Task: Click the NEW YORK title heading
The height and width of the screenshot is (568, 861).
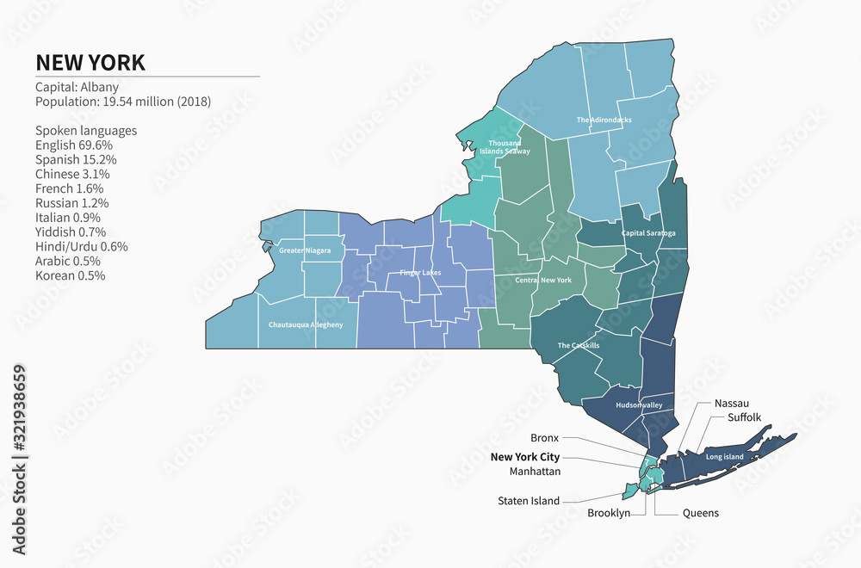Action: tap(90, 63)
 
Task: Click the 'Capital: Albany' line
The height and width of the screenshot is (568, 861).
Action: tap(77, 87)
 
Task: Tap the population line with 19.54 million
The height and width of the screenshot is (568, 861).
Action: tap(122, 102)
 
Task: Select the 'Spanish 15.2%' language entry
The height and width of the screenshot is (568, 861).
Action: tap(76, 159)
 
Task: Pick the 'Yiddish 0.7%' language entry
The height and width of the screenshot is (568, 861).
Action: tap(71, 232)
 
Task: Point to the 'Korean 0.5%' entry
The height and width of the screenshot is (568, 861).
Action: tap(70, 275)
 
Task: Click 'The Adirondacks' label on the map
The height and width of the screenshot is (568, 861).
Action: tap(604, 120)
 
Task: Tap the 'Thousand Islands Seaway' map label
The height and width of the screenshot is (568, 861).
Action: tap(504, 146)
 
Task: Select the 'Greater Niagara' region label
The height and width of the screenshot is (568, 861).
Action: tap(305, 250)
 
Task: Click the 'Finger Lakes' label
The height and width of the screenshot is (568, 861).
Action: tap(420, 273)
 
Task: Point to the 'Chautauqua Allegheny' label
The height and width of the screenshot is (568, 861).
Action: tap(306, 324)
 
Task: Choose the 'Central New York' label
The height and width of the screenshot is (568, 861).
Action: tap(543, 281)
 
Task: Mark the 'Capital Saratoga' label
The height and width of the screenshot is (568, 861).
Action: tap(648, 233)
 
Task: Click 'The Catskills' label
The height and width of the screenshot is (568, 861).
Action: tap(579, 345)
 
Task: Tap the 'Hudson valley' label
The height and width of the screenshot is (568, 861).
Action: tap(639, 404)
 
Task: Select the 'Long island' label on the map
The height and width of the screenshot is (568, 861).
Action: tap(724, 456)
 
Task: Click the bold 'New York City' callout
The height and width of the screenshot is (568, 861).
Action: tap(524, 457)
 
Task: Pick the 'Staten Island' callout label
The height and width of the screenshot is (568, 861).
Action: tap(528, 501)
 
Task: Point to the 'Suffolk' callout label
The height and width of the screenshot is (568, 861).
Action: tap(744, 417)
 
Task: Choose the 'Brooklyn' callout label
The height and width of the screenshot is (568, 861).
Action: tap(608, 513)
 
